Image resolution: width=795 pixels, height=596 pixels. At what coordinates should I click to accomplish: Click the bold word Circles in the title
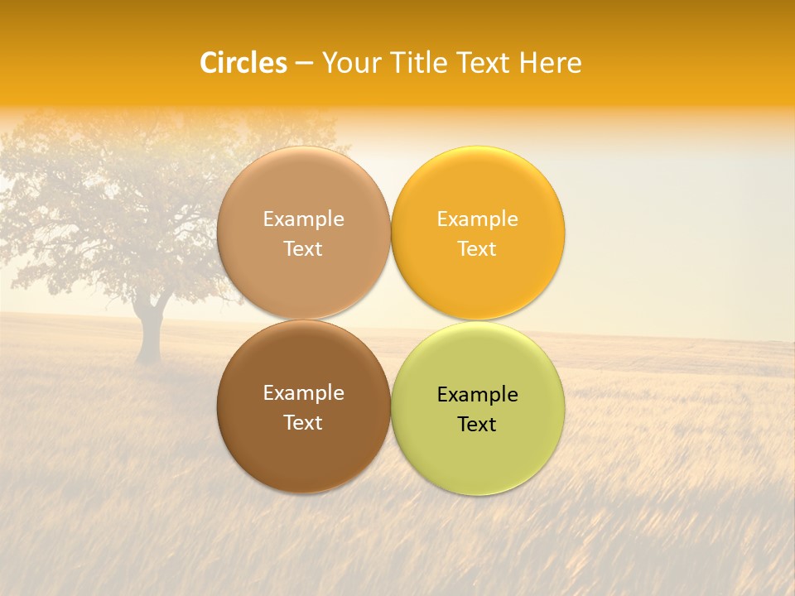pos(243,63)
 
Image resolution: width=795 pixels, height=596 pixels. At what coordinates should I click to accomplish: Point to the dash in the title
pos(304,64)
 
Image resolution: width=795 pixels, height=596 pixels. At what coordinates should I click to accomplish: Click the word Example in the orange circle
pos(477,219)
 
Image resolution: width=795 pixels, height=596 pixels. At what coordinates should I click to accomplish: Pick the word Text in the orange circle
pos(477,248)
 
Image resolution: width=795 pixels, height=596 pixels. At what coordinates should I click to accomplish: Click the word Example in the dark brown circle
pos(303,392)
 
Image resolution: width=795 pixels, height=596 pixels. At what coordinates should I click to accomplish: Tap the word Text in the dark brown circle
pos(303,422)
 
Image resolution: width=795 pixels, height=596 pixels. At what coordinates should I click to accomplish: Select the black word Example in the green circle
pos(477,394)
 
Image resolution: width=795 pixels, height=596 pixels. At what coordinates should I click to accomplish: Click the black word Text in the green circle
pos(477,424)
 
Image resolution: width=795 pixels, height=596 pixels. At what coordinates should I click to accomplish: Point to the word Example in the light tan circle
pos(303,219)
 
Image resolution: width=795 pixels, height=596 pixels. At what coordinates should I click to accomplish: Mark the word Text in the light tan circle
pos(303,248)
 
